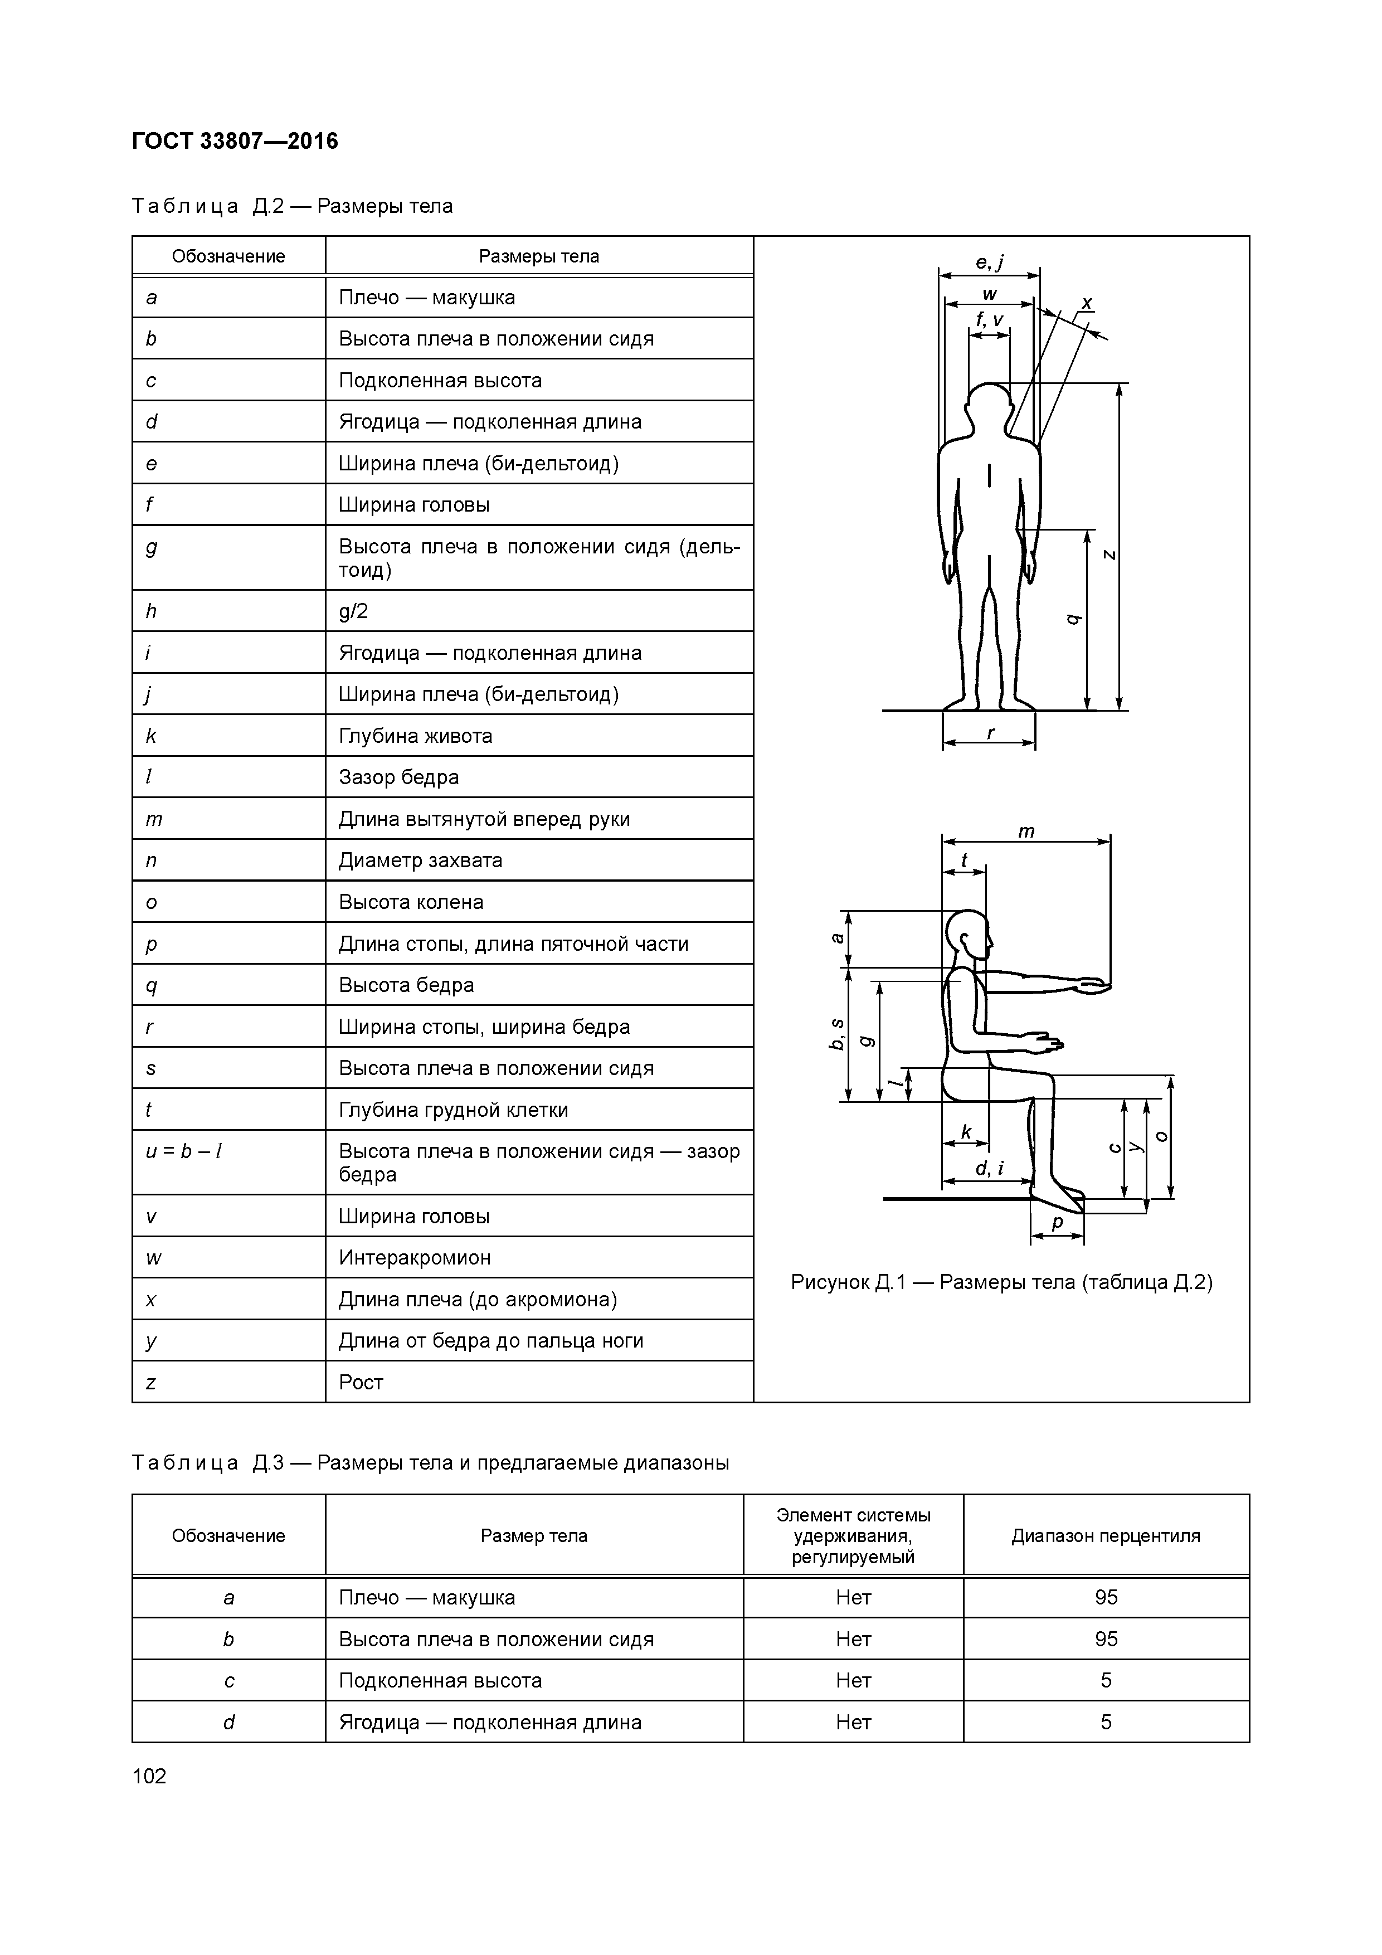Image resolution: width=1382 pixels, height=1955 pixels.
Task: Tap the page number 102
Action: point(150,1776)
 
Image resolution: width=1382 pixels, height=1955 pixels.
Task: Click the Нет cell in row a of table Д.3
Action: point(853,1597)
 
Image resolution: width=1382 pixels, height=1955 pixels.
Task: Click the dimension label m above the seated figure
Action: point(1026,831)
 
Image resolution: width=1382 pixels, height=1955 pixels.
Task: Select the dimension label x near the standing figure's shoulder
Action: point(1087,303)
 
